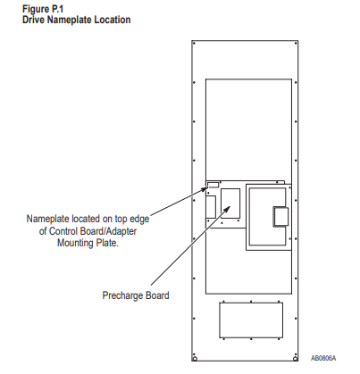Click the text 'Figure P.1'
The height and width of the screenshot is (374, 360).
(43, 9)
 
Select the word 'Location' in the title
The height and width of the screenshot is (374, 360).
(113, 20)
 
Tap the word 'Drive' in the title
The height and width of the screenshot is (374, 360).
(33, 20)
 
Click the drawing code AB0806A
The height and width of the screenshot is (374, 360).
(323, 358)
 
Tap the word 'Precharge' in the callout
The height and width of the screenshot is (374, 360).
(122, 295)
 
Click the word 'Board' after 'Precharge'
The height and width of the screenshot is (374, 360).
(157, 295)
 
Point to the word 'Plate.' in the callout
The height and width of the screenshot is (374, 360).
(107, 243)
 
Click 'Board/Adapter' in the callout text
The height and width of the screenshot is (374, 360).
(107, 231)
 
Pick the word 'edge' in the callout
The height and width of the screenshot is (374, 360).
(139, 220)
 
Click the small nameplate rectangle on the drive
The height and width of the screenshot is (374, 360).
(213, 185)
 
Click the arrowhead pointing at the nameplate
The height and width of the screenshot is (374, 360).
(205, 188)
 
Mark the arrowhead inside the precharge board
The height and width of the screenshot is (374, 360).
(227, 208)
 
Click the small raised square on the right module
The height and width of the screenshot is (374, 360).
(280, 217)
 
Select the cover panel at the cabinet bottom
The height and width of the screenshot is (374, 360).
(251, 320)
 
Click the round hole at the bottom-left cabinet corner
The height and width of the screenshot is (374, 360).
(195, 359)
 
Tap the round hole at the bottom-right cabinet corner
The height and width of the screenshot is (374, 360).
(295, 359)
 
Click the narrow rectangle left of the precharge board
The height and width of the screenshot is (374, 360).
(211, 207)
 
